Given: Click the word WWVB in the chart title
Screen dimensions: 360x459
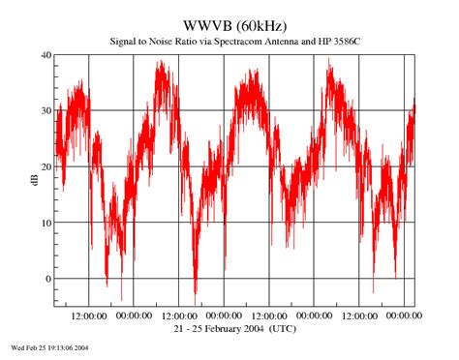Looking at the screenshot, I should point(207,23).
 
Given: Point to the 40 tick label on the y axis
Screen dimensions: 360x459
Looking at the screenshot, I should point(45,55).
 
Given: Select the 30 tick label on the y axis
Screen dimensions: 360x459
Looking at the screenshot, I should point(45,110).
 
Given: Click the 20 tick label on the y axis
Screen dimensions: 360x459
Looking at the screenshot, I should point(45,166).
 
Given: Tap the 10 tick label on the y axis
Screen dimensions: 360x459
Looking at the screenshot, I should point(45,223).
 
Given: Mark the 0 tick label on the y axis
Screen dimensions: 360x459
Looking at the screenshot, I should point(47,279).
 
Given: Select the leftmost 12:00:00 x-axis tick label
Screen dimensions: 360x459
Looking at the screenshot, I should point(89,316).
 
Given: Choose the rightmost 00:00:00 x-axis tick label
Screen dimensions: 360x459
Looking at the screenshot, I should point(404,316).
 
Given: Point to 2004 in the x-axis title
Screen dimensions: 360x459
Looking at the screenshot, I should point(268,329).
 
